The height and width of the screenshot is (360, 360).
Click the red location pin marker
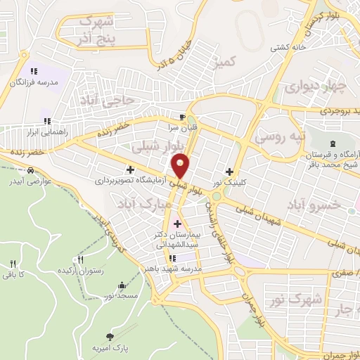181,165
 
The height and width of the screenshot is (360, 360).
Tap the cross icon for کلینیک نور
230,172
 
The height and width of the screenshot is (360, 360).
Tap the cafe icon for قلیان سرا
183,117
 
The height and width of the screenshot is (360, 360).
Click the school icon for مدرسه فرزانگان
33,71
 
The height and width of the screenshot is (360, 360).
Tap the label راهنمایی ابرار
46,131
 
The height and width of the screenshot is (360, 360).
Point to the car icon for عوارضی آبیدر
31,170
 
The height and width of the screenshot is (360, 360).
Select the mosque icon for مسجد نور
123,285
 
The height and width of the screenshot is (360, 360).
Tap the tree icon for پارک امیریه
109,337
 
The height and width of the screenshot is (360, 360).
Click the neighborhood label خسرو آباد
314,204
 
